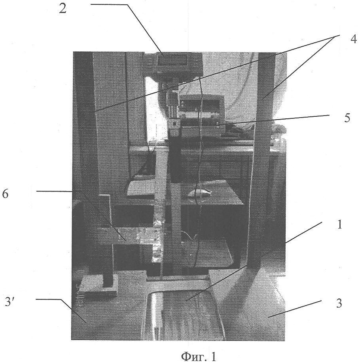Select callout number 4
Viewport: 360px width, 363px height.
pos(354,40)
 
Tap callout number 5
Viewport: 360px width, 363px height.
pos(347,118)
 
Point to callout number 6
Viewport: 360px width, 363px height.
pos(5,194)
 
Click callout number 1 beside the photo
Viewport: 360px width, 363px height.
pos(339,224)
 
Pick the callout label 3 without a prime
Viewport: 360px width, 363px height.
pos(339,303)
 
